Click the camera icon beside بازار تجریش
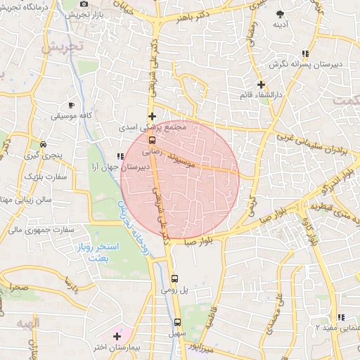(84, 4)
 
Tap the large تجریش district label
(63, 48)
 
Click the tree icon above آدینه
(281, 15)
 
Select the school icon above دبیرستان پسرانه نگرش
(304, 53)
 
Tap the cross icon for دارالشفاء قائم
(261, 84)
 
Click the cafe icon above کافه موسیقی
(70, 101)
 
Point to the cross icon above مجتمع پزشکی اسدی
(152, 116)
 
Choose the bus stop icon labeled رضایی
(152, 139)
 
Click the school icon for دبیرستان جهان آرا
(120, 156)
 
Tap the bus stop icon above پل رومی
(176, 278)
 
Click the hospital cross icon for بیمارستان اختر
(117, 337)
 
